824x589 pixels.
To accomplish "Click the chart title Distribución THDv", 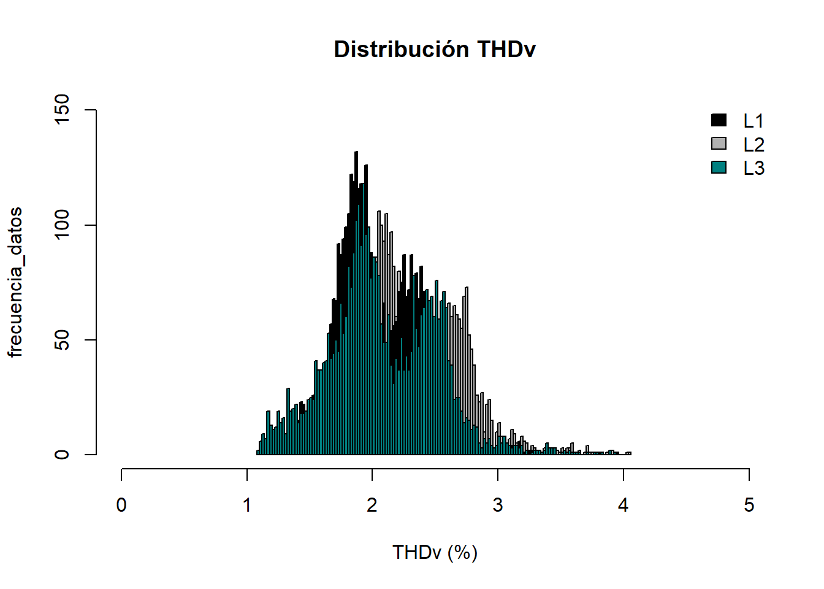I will point(435,49).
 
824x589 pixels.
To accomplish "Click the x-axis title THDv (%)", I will point(435,552).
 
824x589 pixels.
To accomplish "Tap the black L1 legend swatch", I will point(719,120).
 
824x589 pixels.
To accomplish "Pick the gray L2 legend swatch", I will point(719,144).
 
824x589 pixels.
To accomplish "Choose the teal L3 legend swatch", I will point(719,167).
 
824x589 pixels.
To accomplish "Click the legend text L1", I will point(753,121).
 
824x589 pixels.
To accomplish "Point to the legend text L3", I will point(753,168).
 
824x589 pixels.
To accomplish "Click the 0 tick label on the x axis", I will point(121,505).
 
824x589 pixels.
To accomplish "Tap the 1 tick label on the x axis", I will point(247,505).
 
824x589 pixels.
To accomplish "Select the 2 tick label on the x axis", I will point(372,505).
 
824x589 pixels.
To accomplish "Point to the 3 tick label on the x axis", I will point(498,505).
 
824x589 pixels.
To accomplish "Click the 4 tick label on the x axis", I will point(624,505).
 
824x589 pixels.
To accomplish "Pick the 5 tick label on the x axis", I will point(749,505).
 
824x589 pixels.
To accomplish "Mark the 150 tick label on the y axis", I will point(63,110).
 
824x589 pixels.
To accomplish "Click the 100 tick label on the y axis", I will point(63,225).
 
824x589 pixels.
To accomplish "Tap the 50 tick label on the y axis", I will point(63,340).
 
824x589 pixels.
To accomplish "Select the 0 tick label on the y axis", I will point(63,455).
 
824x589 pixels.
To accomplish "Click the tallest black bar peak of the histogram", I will point(356,153).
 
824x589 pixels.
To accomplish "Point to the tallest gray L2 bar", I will point(379,214).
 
